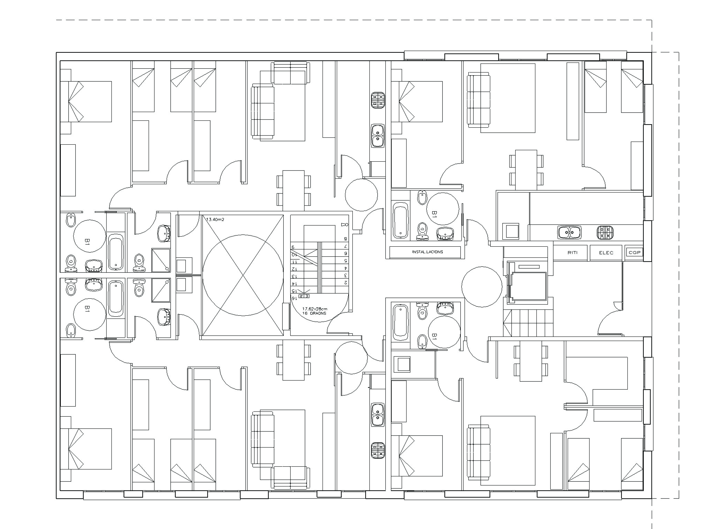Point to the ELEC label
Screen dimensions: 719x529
(606, 253)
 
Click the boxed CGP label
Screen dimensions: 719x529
(634, 252)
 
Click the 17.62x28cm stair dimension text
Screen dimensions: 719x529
(315, 309)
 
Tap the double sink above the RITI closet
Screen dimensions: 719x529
(569, 232)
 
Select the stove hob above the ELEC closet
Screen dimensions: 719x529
(605, 232)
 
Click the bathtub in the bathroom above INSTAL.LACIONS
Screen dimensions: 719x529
(400, 220)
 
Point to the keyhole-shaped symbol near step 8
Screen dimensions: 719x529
(345, 225)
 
